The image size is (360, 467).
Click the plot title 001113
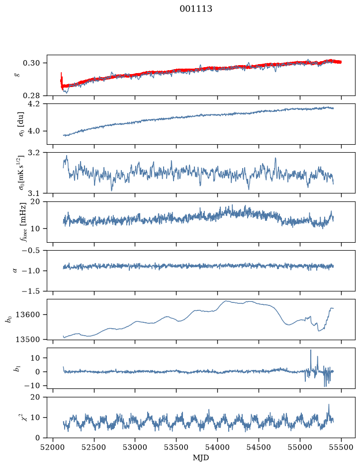(x=196, y=8)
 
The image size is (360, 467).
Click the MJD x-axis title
(x=201, y=458)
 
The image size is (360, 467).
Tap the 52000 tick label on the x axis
(x=53, y=447)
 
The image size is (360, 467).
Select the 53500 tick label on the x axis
(x=177, y=447)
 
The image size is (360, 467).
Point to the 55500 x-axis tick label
(x=341, y=447)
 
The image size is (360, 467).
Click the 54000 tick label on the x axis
(x=217, y=447)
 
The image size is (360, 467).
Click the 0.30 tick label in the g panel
(x=31, y=63)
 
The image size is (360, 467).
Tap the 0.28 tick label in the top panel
(x=31, y=95)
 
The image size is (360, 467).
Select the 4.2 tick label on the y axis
(x=34, y=104)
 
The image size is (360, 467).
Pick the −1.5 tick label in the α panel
(x=31, y=291)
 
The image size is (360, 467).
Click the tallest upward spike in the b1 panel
(x=311, y=350)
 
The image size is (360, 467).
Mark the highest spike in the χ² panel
(x=329, y=405)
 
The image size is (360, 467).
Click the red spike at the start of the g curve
(x=61, y=73)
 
